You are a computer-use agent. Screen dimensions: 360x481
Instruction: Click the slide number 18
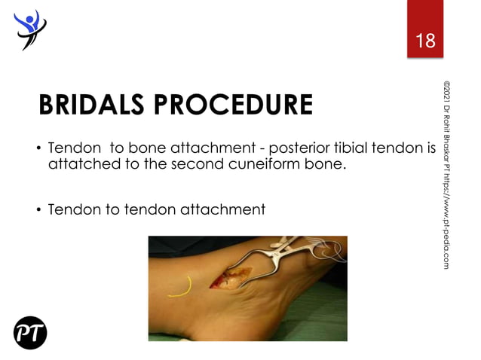(x=425, y=41)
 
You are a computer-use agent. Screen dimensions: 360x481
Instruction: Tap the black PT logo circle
(x=30, y=332)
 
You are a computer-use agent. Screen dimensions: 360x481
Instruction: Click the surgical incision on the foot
(x=229, y=279)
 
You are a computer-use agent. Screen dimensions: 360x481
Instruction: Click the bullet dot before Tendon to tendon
(x=36, y=209)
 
